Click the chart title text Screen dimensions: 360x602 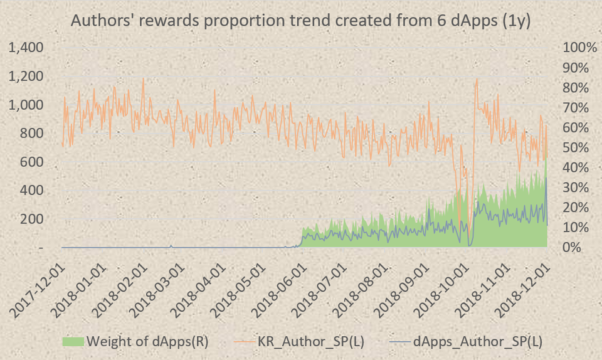point(301,20)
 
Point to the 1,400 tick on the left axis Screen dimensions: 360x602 point(26,48)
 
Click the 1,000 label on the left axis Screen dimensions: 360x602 point(26,105)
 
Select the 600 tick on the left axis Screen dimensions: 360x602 point(31,162)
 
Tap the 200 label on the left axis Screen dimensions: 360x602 point(31,219)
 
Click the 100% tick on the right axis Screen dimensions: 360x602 point(580,48)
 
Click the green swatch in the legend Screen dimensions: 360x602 point(73,341)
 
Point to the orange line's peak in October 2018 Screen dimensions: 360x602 point(477,80)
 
